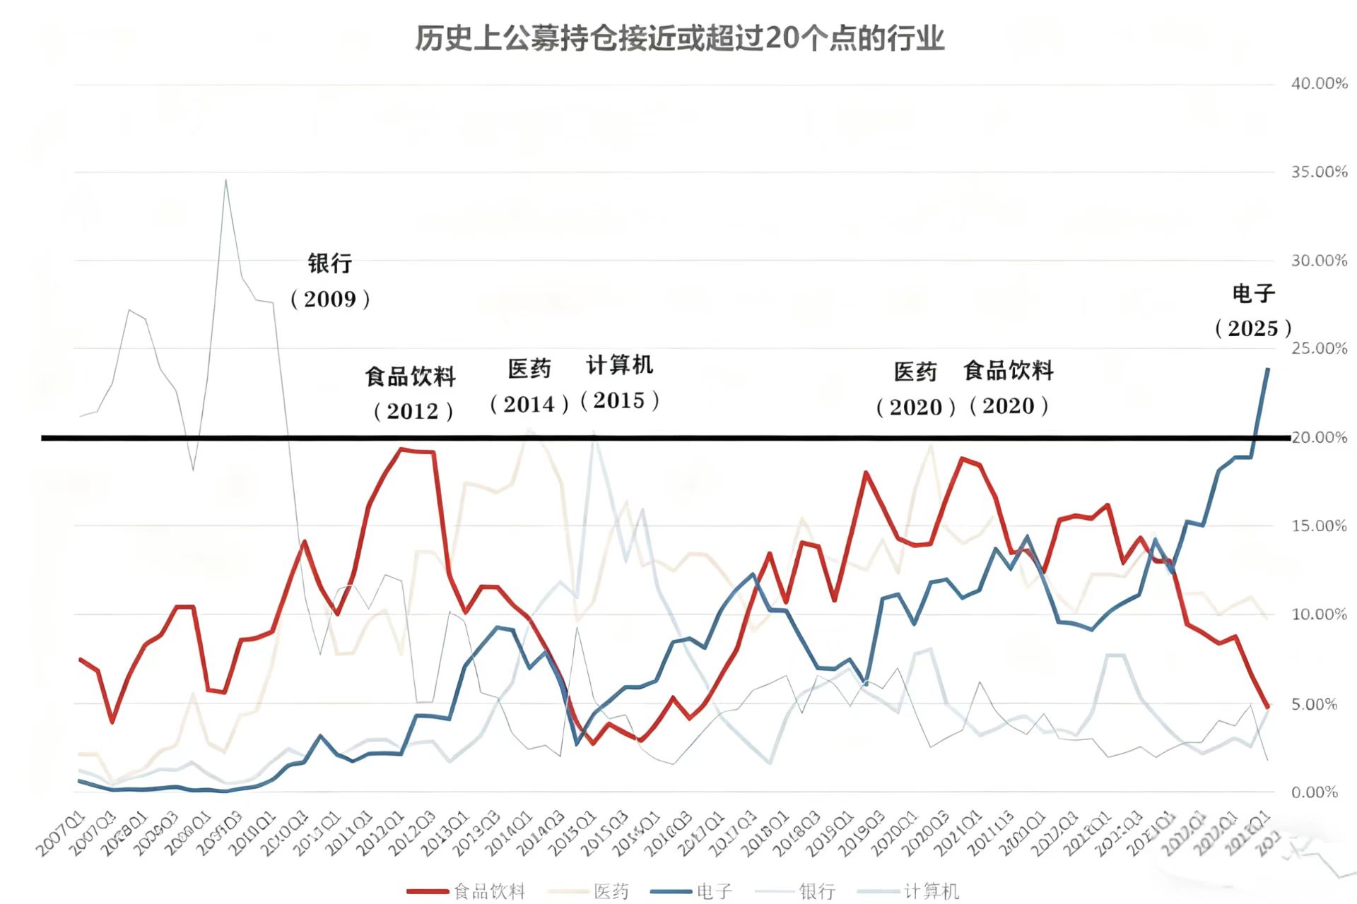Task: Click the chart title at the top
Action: point(679,38)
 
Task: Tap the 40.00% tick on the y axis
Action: point(1319,84)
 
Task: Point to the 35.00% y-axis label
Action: point(1319,172)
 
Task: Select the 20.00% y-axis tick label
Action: point(1319,438)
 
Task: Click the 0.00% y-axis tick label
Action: point(1315,792)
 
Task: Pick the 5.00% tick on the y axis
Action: point(1315,704)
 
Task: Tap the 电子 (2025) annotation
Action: point(1253,311)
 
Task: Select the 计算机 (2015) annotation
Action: point(620,383)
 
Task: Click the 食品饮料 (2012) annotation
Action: point(411,393)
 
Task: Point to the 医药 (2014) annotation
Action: point(529,386)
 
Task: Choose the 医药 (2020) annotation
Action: point(915,389)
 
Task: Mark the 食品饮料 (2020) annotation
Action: point(1009,388)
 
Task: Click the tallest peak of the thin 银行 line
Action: point(225,181)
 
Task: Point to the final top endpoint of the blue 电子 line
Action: point(1267,369)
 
